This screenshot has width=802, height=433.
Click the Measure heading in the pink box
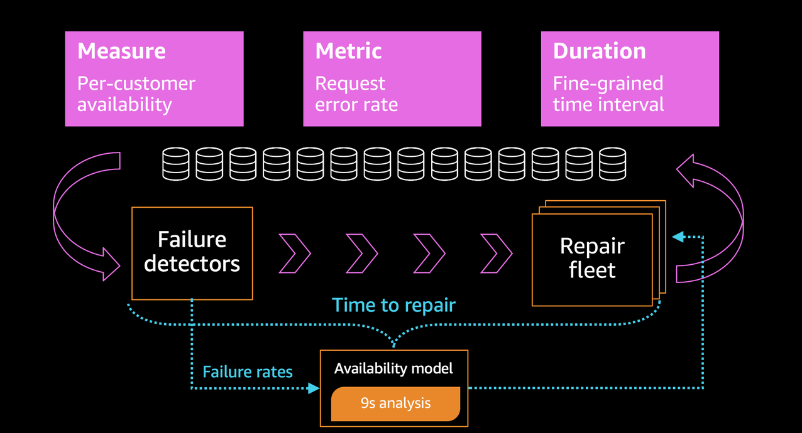click(121, 51)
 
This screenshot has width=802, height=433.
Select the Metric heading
click(348, 51)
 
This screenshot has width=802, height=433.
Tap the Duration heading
click(599, 51)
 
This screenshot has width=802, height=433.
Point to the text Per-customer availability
click(136, 94)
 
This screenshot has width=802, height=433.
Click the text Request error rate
click(356, 94)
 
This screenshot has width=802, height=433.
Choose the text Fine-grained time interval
click(608, 94)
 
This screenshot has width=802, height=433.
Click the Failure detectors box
click(192, 252)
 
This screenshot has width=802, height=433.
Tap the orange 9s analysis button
click(395, 403)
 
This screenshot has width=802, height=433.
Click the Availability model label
click(393, 368)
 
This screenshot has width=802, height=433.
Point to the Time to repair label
click(393, 305)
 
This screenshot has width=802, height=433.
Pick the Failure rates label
click(248, 372)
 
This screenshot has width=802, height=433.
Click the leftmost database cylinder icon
click(175, 163)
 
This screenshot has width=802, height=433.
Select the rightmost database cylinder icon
click(612, 163)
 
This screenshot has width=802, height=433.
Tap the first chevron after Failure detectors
click(295, 254)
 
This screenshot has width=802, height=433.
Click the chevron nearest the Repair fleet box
click(497, 254)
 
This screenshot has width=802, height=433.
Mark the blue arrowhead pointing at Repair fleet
click(678, 237)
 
